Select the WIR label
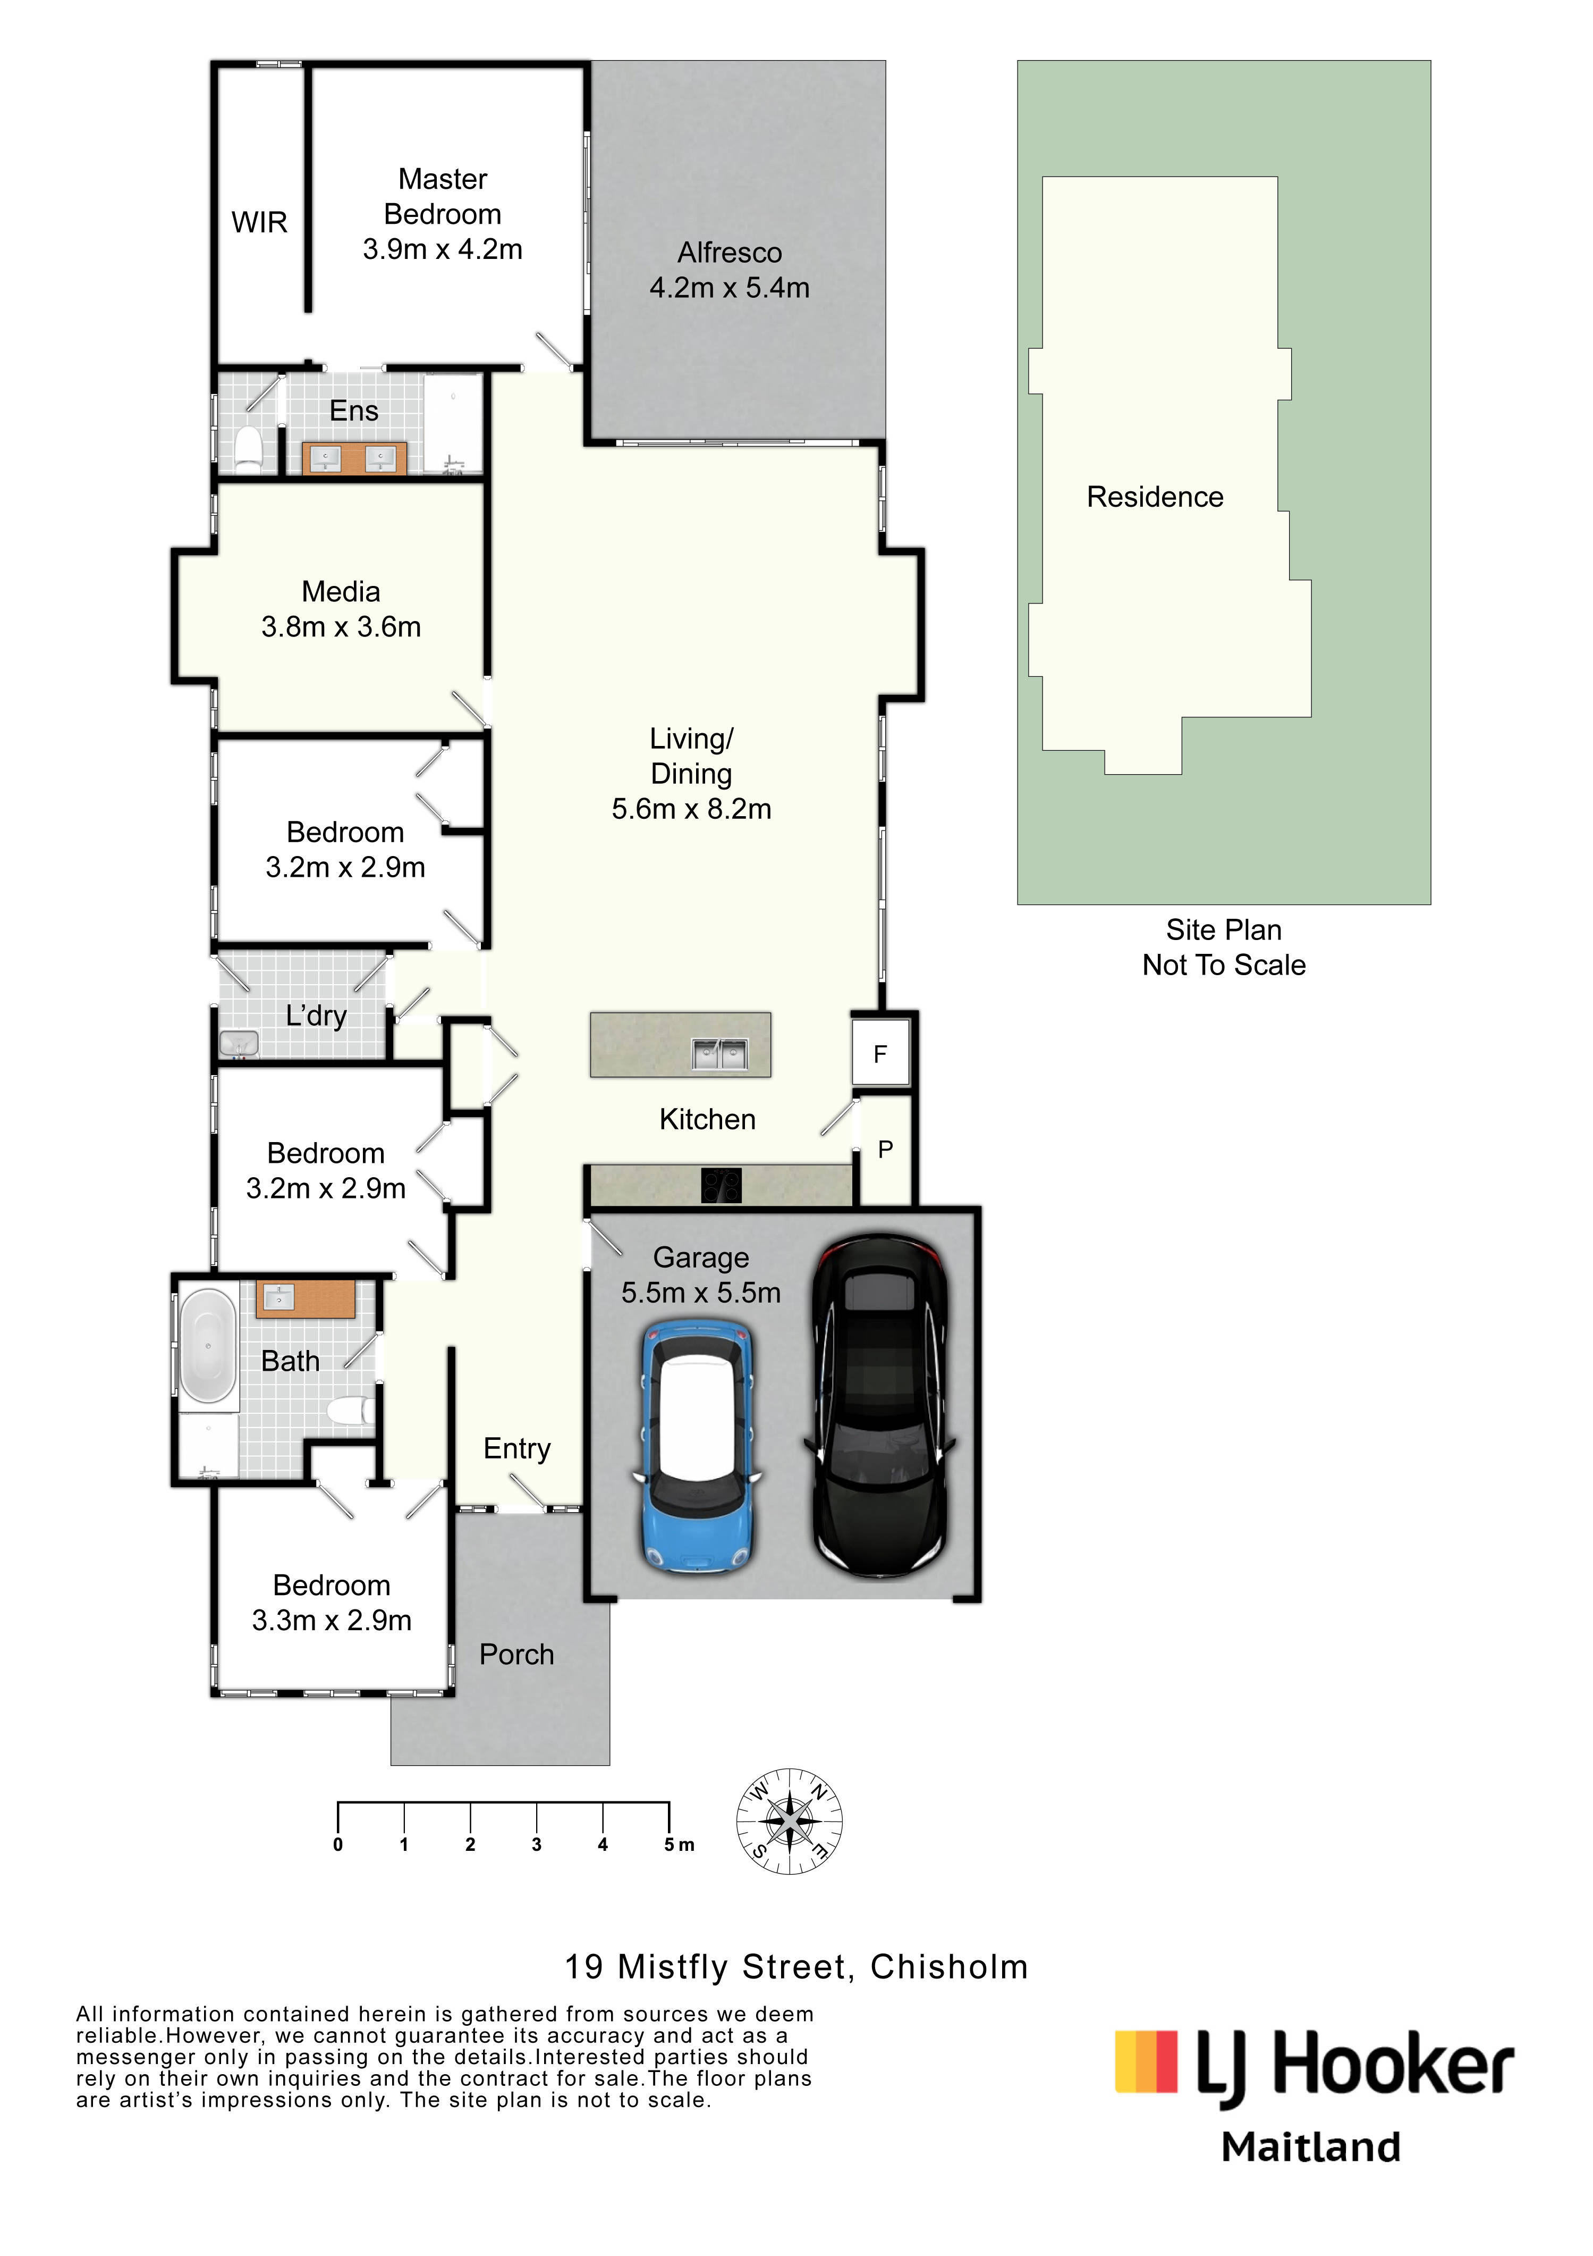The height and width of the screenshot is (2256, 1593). click(259, 223)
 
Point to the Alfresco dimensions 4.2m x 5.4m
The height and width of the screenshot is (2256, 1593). click(730, 288)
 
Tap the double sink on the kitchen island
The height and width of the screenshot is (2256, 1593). click(720, 1054)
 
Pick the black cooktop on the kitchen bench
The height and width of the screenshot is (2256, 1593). click(721, 1185)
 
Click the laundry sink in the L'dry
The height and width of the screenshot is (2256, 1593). click(239, 1043)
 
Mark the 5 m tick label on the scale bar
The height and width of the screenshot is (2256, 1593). click(679, 1844)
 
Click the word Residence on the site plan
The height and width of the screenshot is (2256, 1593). click(1155, 497)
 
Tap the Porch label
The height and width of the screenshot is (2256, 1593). click(516, 1655)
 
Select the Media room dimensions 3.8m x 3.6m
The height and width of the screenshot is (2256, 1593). click(341, 627)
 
